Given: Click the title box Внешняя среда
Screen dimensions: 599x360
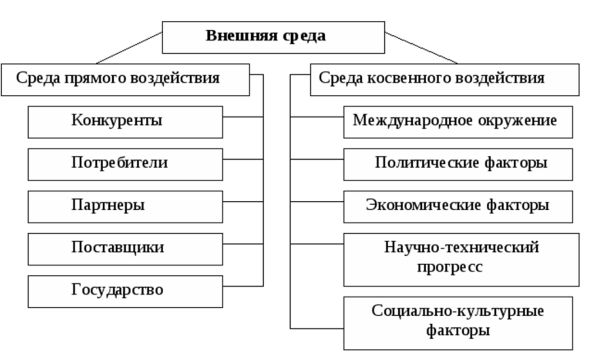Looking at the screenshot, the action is point(274,38).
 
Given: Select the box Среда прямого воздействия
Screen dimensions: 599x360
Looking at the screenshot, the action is point(125,80).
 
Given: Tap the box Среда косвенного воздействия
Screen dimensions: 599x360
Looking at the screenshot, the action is point(445,80).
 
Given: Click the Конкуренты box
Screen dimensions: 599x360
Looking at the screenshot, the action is point(125,122).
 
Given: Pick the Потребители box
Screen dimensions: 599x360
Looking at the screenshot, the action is point(125,164).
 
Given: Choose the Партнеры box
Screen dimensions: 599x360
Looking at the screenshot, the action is point(125,207).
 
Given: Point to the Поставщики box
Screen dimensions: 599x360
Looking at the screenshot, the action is point(125,250).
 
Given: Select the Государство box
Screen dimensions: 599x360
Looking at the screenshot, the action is point(125,292).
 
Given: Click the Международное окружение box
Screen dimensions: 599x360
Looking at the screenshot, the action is point(458,122).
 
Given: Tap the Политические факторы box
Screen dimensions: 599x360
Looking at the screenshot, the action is point(458,164).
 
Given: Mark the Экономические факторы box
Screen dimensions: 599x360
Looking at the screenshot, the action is point(458,207).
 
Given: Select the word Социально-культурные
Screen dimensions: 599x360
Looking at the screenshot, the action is point(458,311).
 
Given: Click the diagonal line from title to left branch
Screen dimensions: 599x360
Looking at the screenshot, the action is point(129,48).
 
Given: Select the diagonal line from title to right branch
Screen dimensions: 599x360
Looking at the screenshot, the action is point(421,48).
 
